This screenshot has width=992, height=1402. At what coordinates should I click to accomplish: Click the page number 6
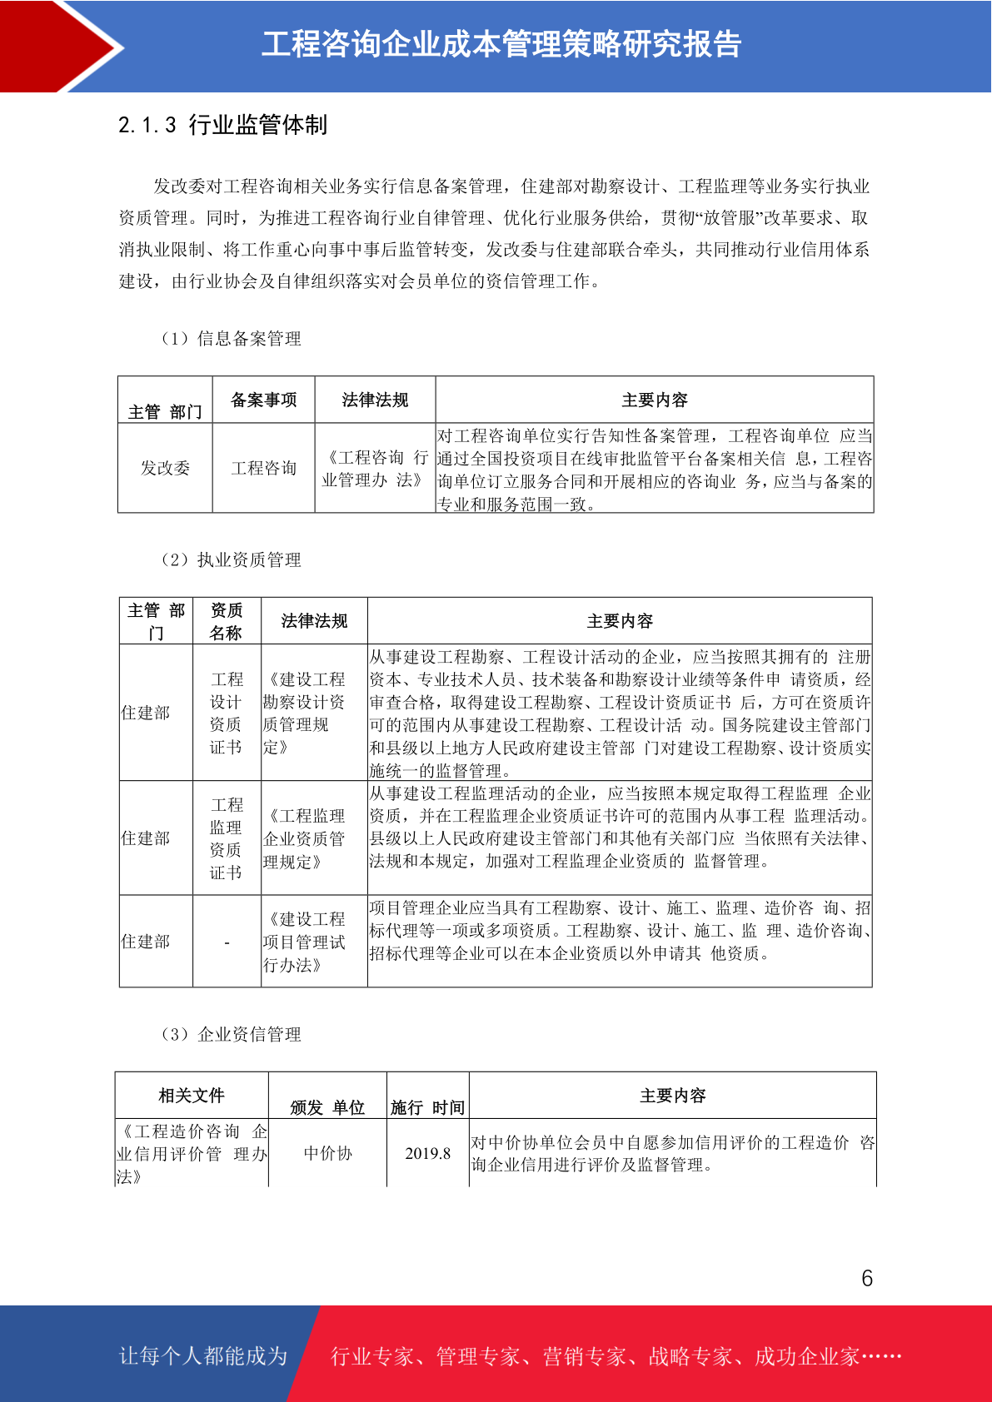(867, 1278)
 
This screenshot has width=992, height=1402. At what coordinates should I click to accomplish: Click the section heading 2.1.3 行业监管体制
(223, 125)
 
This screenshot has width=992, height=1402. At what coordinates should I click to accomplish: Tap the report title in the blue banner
(501, 45)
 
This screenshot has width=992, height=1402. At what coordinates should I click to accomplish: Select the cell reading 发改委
(165, 468)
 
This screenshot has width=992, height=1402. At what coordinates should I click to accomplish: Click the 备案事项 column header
(264, 400)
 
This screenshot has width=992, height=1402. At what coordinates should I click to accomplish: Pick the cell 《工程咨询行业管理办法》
(375, 469)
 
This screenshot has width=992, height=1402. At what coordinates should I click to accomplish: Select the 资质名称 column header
(227, 622)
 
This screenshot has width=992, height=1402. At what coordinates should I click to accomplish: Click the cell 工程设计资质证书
(227, 713)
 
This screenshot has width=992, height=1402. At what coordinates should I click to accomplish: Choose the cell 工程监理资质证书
(227, 838)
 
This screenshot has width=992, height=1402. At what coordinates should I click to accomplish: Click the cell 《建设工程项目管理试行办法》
(305, 942)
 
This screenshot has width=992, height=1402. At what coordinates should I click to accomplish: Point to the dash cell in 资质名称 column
(227, 942)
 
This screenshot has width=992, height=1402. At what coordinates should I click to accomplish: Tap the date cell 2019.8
(428, 1154)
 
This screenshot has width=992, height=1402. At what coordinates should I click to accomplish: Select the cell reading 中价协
(328, 1154)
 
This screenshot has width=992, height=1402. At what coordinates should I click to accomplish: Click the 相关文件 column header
(192, 1096)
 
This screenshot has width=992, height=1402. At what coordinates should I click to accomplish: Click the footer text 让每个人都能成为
(203, 1356)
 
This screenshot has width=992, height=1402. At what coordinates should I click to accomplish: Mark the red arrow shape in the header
(62, 46)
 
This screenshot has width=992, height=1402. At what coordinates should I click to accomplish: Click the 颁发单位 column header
(327, 1107)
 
